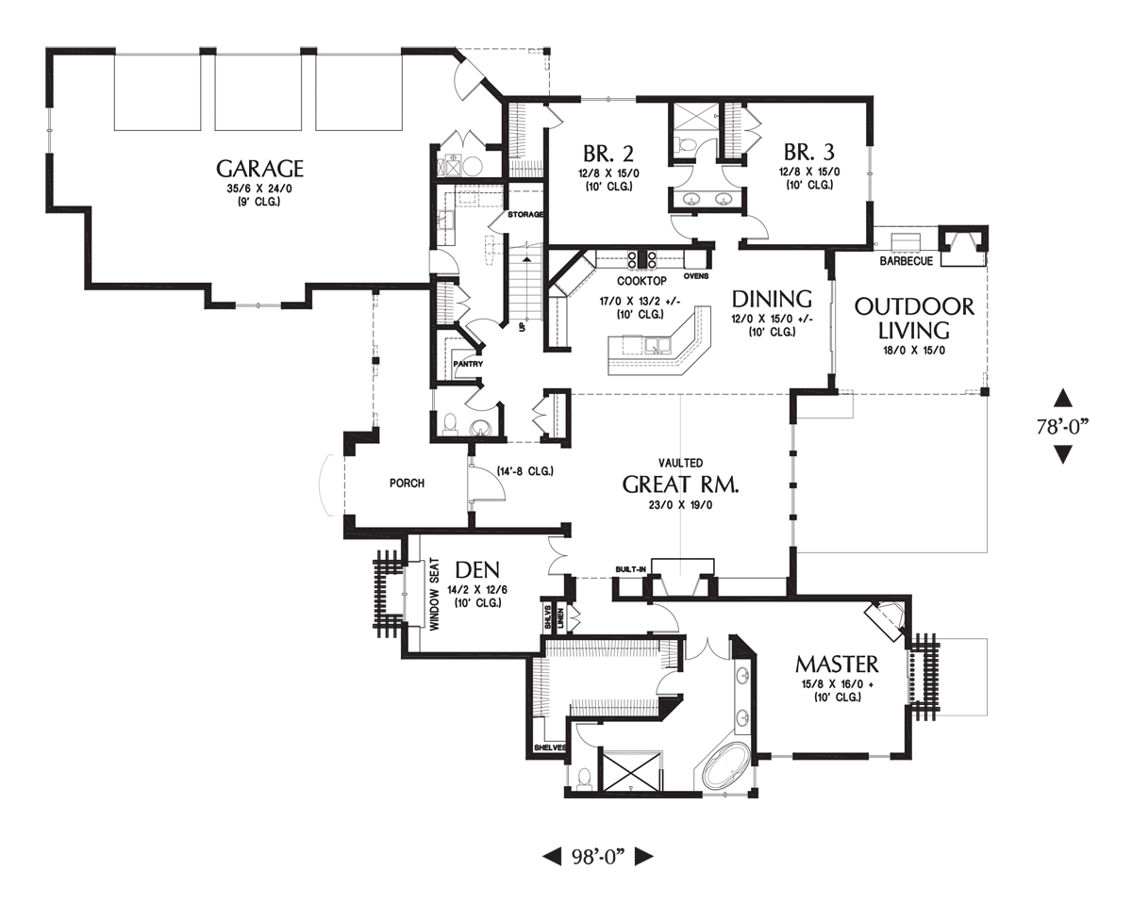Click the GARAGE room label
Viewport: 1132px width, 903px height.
pos(259,169)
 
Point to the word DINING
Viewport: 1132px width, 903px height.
pos(773,299)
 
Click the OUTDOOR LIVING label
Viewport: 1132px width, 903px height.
pos(901,319)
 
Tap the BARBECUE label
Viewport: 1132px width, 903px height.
pos(906,260)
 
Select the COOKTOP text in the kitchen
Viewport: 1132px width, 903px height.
pos(642,281)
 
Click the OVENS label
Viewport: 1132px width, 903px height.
pos(696,276)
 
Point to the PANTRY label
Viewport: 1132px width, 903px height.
pos(468,364)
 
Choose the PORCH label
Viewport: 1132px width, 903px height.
pos(407,484)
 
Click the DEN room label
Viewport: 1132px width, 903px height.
pos(476,570)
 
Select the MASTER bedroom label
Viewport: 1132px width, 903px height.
pos(836,664)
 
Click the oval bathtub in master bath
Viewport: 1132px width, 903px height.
pos(725,767)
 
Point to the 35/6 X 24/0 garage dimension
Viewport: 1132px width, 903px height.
pos(259,189)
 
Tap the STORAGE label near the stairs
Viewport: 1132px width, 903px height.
pos(525,215)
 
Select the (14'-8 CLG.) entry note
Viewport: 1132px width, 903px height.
pos(524,470)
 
